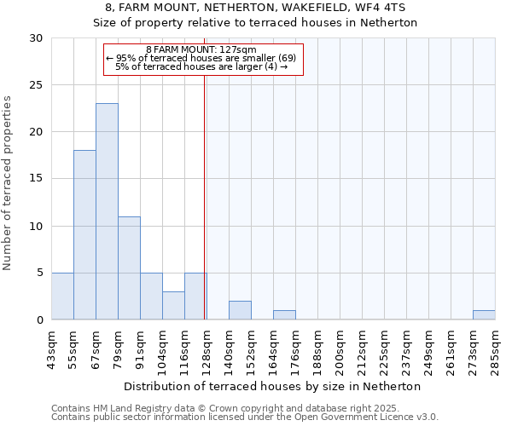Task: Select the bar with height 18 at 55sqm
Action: click(84, 234)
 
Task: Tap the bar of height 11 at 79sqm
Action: click(129, 268)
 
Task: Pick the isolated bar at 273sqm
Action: click(484, 314)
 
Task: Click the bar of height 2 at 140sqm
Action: click(240, 310)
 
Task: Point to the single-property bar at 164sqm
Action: click(284, 314)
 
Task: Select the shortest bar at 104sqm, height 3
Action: click(173, 305)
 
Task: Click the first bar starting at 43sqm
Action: click(62, 296)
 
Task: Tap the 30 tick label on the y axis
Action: click(36, 38)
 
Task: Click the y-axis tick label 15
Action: click(36, 179)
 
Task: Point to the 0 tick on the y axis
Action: click(39, 320)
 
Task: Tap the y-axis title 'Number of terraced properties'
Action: click(8, 183)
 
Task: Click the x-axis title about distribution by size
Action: click(272, 386)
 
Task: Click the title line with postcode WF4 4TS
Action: click(255, 8)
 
